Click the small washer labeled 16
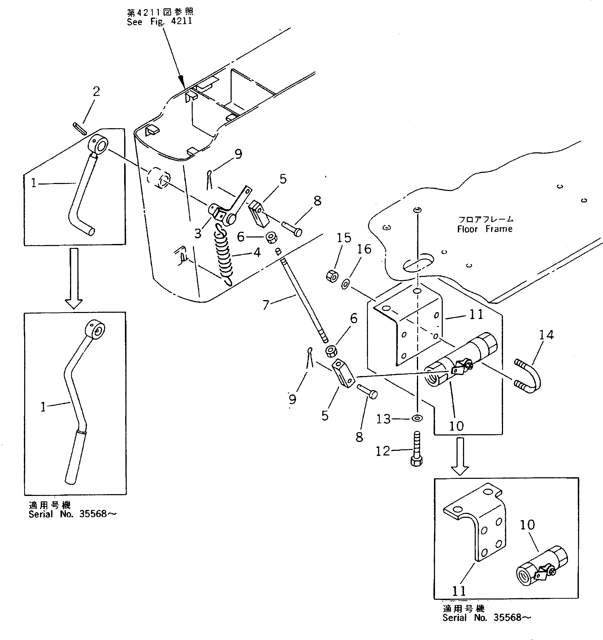point(346,284)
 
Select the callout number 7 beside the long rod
point(266,304)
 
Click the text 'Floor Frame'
point(485,229)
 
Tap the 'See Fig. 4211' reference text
point(159,22)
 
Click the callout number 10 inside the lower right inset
point(527,525)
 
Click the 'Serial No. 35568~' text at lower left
point(72,514)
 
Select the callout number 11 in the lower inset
point(459,591)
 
